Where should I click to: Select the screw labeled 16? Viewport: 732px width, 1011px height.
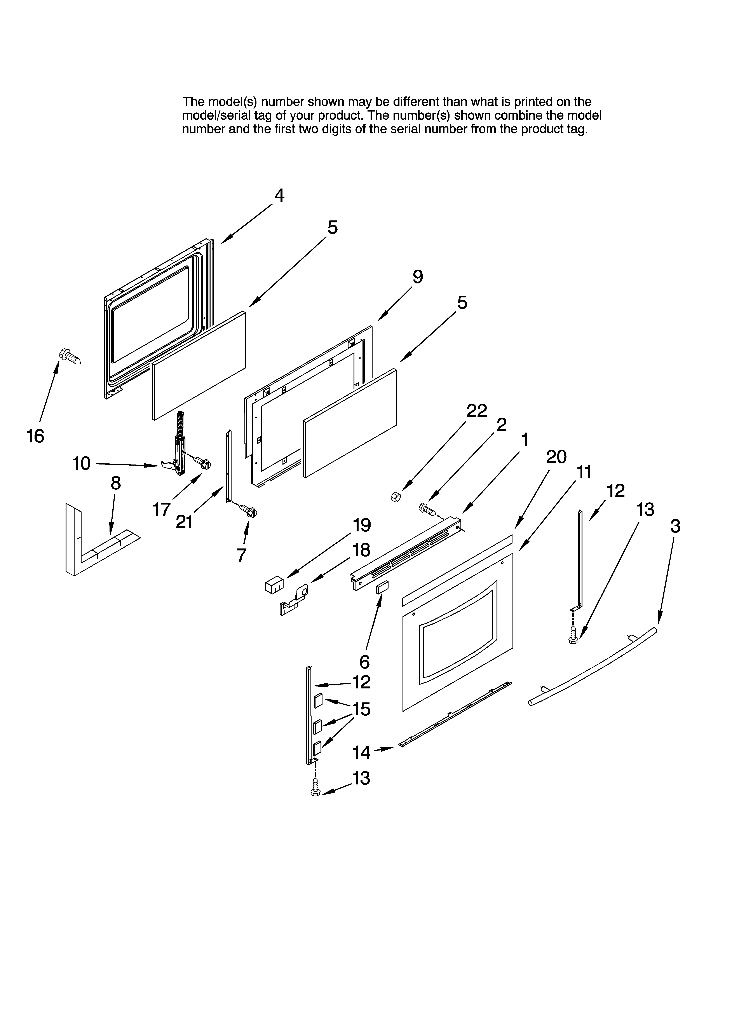70,357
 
